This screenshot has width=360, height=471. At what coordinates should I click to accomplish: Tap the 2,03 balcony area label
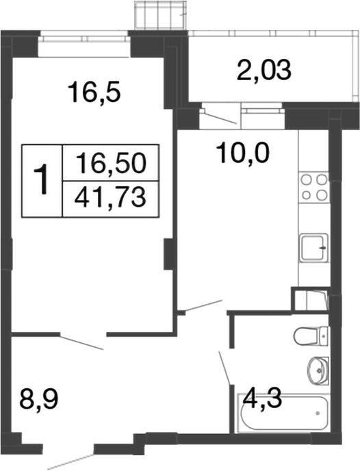pos(264,71)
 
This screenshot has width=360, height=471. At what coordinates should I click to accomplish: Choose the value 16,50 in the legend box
pos(112,164)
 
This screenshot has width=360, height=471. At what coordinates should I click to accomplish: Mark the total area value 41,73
pos(112,198)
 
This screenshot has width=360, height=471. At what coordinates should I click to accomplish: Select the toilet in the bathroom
pos(311,336)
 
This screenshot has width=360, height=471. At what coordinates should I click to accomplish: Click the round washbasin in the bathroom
pos(316,370)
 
